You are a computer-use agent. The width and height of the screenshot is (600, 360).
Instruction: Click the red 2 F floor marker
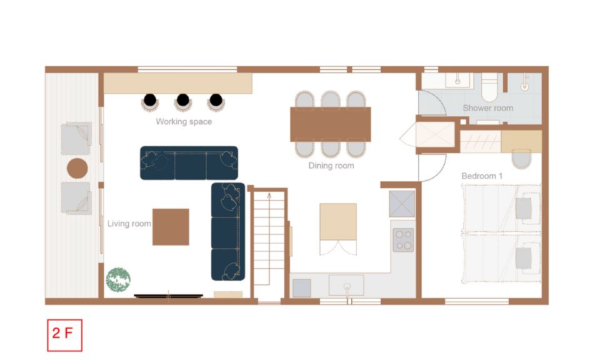[x=64, y=335]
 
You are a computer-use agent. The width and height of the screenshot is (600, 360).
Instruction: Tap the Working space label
[x=184, y=122]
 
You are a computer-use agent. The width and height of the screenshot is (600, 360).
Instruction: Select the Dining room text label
[x=331, y=166]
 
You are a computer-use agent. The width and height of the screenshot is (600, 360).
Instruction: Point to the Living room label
[x=129, y=223]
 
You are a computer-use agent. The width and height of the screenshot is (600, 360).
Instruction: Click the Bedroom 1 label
[x=482, y=176]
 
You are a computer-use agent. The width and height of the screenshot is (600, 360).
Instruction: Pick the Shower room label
[x=488, y=108]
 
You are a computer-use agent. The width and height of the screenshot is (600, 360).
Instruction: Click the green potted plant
[x=118, y=279]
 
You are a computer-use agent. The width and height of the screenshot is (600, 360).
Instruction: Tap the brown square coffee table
[x=171, y=227]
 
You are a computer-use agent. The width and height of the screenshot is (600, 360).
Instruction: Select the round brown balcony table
[x=77, y=168]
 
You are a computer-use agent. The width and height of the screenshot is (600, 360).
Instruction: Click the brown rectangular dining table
[x=331, y=124]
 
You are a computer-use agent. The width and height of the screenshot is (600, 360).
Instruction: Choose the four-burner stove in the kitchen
[x=403, y=240]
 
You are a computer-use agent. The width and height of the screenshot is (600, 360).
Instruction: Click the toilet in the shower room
[x=489, y=87]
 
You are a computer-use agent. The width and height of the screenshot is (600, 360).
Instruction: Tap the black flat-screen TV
[x=168, y=296]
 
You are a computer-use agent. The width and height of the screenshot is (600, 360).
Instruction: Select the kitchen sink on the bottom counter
[x=346, y=286]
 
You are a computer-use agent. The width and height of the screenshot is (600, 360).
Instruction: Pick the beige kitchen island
[x=338, y=222]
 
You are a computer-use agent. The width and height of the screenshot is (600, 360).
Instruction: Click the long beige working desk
[x=178, y=83]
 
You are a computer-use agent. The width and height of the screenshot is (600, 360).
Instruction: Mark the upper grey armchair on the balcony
[x=76, y=138]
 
